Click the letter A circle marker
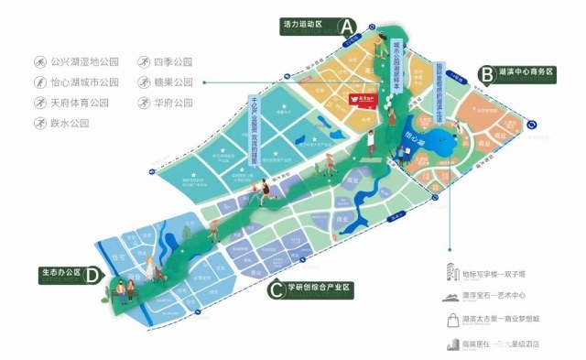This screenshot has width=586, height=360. tap(347, 27)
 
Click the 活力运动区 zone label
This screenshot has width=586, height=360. tap(303, 27)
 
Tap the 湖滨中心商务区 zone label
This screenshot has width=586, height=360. tap(529, 71)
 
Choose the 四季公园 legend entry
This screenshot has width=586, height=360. tap(173, 62)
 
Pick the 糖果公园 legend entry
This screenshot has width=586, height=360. tap(173, 82)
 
